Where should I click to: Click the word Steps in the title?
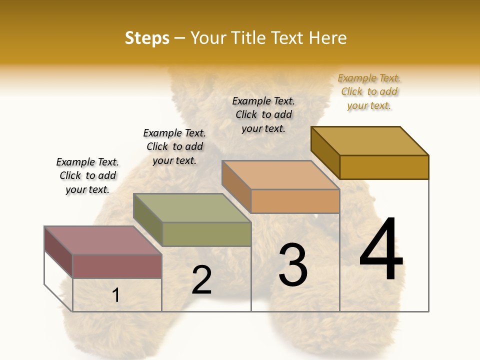coord(147,38)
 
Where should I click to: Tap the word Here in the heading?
coord(327,38)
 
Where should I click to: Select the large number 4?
coord(381,250)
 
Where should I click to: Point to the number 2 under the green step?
coord(201,280)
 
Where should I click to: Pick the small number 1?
coord(116,295)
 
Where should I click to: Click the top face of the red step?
coord(102,240)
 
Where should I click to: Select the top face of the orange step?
coord(280,175)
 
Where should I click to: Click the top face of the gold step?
coord(369,141)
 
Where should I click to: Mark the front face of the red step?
coord(117,266)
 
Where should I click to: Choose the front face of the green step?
coord(206,234)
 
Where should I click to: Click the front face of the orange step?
coord(295,201)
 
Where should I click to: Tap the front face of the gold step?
coord(384,167)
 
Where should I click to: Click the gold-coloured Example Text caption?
coord(369,91)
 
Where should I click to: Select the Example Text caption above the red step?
coord(87,175)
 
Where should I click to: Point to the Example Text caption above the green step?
coord(174,146)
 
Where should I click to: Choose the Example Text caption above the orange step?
coord(263,114)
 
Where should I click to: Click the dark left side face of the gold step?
coord(325,152)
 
